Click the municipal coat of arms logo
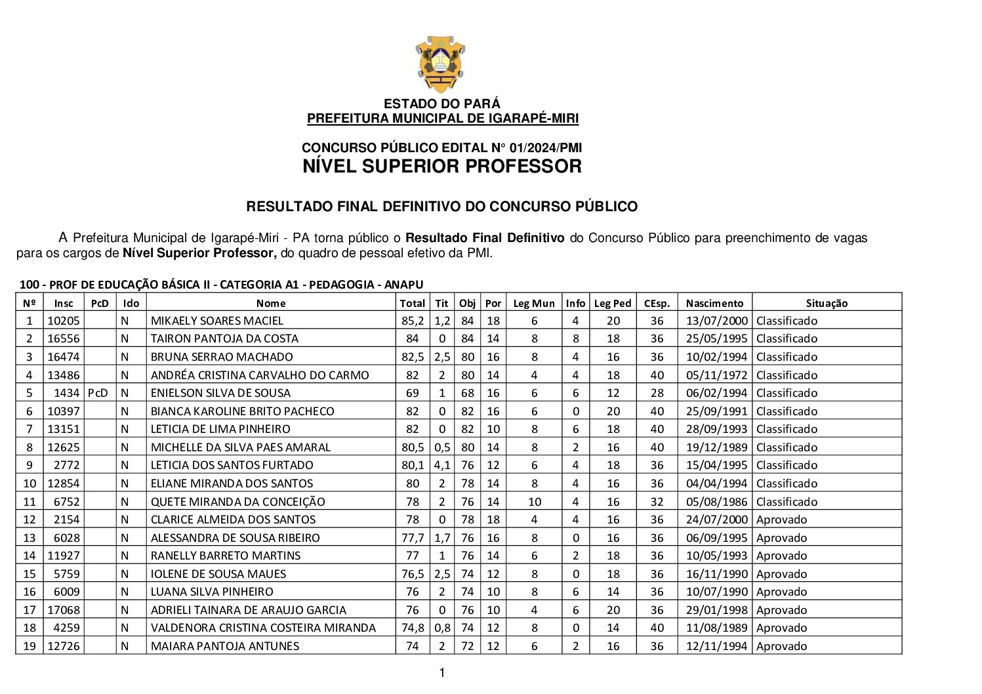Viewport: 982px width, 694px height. point(440,64)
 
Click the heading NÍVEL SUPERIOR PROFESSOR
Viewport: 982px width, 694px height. point(441,167)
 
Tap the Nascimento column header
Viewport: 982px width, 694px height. point(714,303)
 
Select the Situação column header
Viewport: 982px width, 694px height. point(827,303)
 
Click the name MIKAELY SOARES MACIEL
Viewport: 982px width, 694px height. point(217,321)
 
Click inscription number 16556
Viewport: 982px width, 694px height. point(64,338)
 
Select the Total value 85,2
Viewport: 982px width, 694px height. point(413,321)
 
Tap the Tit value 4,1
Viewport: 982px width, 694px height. point(442,465)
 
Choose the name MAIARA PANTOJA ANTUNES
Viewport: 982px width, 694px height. point(225,646)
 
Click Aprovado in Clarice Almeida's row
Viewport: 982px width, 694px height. point(781,520)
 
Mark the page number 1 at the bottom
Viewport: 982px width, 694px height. point(442,672)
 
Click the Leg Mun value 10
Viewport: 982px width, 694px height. point(534,502)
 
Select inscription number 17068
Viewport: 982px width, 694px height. point(64,610)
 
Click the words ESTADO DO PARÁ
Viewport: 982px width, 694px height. point(441,104)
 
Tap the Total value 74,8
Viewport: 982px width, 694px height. point(413,628)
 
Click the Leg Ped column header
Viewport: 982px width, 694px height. point(612,303)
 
